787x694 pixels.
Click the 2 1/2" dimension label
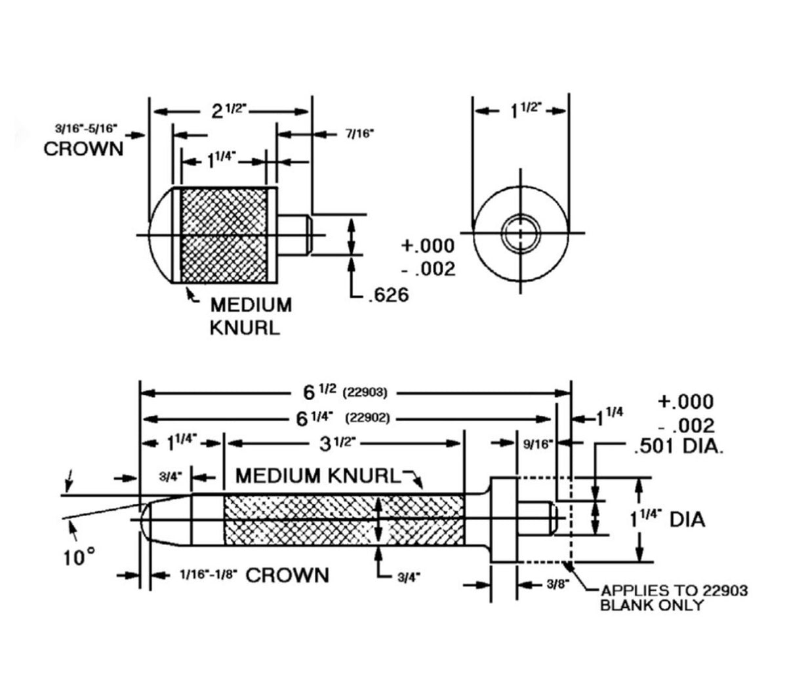[x=229, y=110]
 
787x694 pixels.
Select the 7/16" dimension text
[x=359, y=134]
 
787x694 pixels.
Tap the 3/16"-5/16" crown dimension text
[x=86, y=128]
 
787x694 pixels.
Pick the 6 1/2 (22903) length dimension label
[x=346, y=392]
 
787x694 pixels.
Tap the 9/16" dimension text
[x=538, y=444]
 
